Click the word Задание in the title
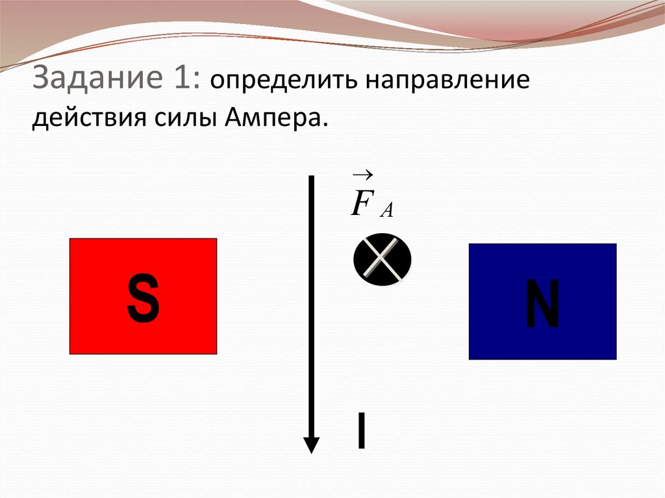pos(96,81)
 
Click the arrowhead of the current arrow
pos(312,445)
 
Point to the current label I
pos(361,431)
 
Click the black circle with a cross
pos(383,259)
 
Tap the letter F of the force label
pos(361,204)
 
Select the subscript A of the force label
pos(387,210)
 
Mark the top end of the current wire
pos(312,177)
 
